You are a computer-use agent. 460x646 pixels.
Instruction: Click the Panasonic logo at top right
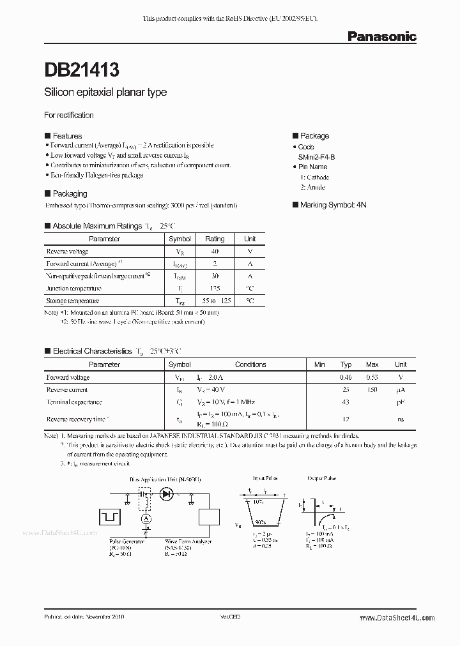click(x=381, y=37)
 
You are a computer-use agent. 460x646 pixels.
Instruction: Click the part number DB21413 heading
click(x=81, y=68)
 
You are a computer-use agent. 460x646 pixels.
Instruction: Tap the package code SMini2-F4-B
click(x=320, y=156)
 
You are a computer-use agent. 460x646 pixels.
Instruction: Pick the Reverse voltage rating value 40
click(x=215, y=252)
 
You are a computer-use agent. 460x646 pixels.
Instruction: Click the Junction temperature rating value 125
click(x=215, y=289)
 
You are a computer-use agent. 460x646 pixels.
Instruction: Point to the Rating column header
click(x=215, y=239)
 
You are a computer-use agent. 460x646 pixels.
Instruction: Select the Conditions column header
click(x=250, y=364)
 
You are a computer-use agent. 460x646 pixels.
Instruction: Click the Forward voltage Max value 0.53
click(x=372, y=377)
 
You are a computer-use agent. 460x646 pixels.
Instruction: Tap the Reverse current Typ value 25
click(x=346, y=389)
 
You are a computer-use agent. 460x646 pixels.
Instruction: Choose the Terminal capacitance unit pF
click(x=401, y=402)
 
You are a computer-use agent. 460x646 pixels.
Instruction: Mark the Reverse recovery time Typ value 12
click(x=346, y=419)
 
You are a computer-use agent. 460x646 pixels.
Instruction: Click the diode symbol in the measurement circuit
click(x=167, y=493)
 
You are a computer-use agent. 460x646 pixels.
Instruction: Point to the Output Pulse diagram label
click(x=323, y=477)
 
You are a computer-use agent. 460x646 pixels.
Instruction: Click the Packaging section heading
click(x=70, y=193)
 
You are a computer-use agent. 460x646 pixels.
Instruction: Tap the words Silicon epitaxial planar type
click(x=105, y=92)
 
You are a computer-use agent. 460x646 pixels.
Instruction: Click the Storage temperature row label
click(x=73, y=301)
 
